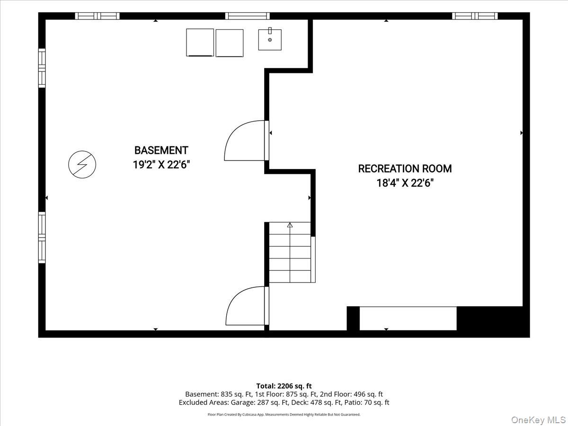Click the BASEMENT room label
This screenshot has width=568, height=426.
tap(161, 150)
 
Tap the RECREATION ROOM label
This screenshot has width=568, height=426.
tap(405, 169)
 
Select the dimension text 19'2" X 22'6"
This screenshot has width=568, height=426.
tap(161, 165)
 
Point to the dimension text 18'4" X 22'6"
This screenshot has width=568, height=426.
tap(405, 183)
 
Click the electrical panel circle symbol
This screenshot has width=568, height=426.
tap(82, 165)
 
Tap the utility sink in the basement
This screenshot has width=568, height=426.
tap(270, 39)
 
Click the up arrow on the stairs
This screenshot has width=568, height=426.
tap(290, 225)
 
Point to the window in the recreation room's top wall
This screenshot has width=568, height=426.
tap(475, 16)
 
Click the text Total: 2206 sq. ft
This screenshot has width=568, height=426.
tap(284, 386)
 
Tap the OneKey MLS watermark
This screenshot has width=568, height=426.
tap(538, 419)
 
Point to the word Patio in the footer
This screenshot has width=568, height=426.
tap(356, 402)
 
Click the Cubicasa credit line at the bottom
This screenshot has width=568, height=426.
tap(284, 415)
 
